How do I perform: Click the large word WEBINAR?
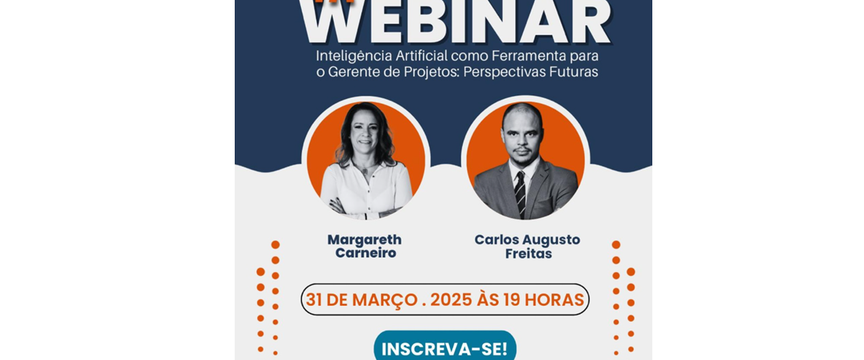(455, 24)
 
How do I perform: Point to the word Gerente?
(359, 73)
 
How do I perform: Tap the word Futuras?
(575, 73)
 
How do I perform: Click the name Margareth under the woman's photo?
(364, 240)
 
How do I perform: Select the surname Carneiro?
(364, 254)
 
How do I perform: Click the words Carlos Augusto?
(527, 240)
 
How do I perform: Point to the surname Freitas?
(528, 254)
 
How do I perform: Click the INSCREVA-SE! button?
(445, 349)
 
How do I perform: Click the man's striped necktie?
(520, 193)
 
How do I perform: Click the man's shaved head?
(521, 115)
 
